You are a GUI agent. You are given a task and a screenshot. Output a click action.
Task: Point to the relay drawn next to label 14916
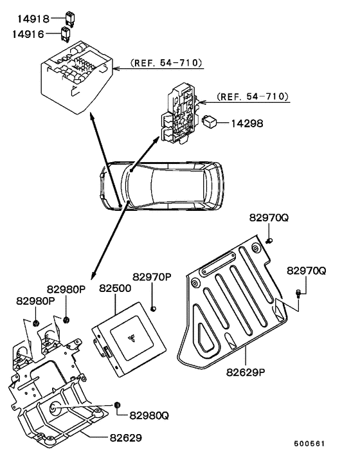66,33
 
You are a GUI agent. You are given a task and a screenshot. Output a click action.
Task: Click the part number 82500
116,289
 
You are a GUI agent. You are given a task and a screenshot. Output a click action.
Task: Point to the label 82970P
152,277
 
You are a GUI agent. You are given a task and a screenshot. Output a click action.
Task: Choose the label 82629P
247,371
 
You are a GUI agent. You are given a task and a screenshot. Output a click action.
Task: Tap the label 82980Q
149,415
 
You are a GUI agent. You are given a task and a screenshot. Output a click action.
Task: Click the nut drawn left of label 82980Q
118,405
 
